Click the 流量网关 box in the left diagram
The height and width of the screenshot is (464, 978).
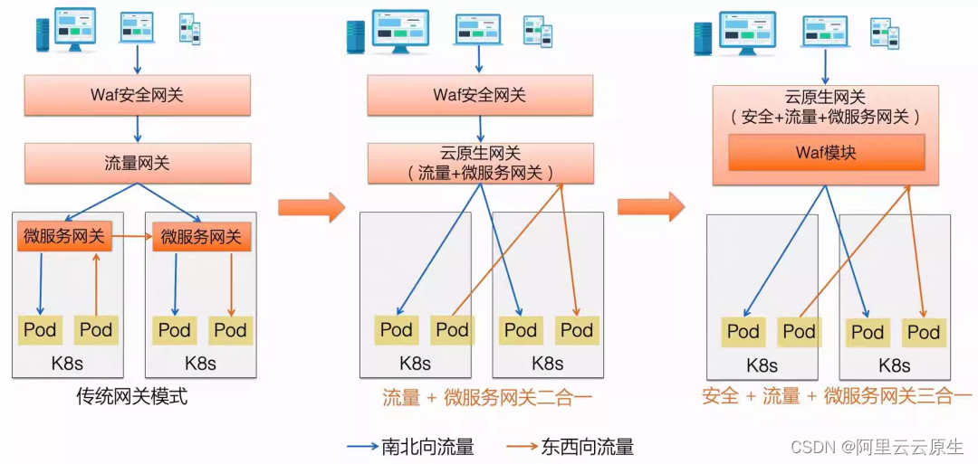click(x=138, y=164)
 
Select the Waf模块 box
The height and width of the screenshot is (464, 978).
click(x=826, y=153)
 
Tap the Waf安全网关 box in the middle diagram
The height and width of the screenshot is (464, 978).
click(x=480, y=95)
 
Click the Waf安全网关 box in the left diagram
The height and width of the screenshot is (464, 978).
click(x=138, y=95)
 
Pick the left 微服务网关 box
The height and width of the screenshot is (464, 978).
click(x=64, y=238)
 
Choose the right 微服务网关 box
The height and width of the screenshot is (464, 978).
click(x=201, y=238)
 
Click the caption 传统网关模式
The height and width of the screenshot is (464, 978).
click(x=132, y=396)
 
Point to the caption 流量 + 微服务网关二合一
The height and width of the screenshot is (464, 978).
click(x=481, y=396)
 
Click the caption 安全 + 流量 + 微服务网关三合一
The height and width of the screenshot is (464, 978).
click(x=836, y=396)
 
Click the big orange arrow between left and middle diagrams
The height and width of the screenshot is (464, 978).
click(x=311, y=206)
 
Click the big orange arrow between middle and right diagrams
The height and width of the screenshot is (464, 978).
click(x=650, y=206)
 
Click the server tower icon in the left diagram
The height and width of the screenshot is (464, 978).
click(x=42, y=34)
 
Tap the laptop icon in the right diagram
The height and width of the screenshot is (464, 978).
click(x=824, y=33)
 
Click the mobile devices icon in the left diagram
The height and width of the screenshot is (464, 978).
click(x=188, y=29)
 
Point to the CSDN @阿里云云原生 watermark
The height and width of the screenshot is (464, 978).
click(x=877, y=447)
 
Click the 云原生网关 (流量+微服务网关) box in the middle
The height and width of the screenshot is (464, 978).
click(x=480, y=164)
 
